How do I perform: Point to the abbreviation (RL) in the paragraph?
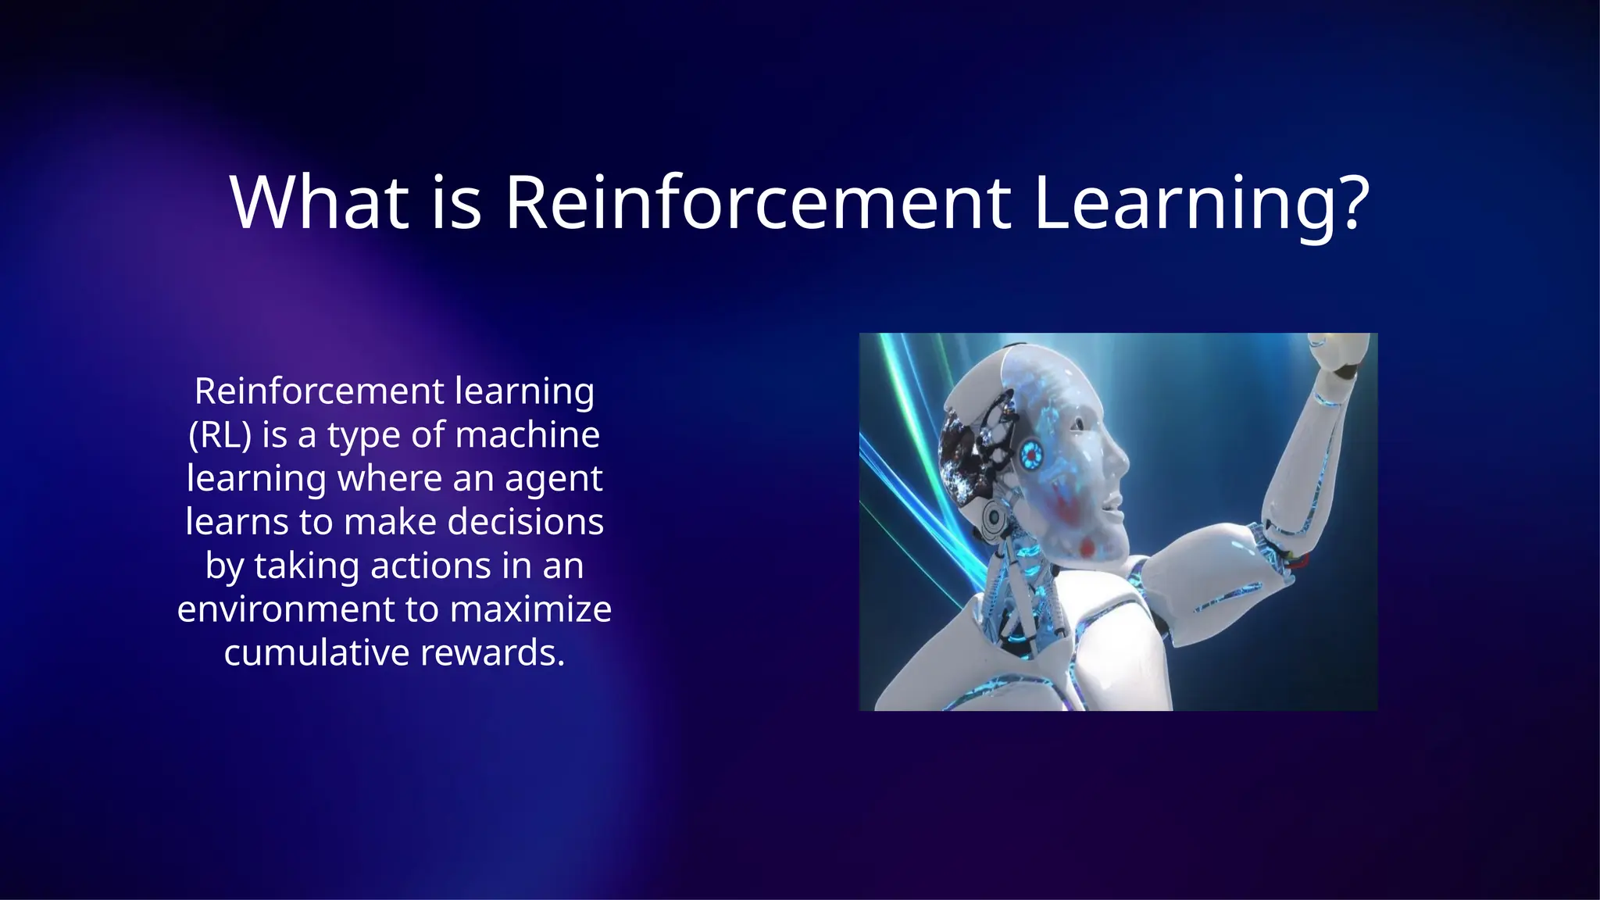point(220,435)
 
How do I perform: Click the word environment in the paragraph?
point(286,609)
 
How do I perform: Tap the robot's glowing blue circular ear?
point(1031,453)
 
